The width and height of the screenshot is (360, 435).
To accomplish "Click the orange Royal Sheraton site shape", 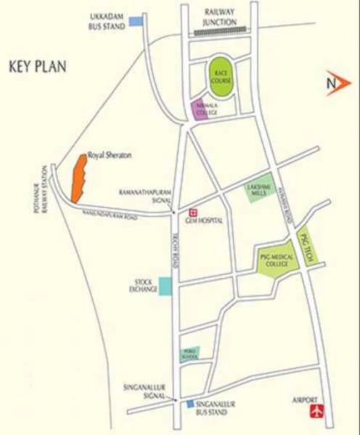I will point(78,179).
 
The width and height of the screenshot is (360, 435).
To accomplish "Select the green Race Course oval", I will point(221,76).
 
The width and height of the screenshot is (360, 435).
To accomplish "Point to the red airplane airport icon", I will point(315,412).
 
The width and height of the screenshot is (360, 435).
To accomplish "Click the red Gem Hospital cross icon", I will point(192,212).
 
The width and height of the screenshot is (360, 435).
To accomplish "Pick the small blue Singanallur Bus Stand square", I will point(190,404).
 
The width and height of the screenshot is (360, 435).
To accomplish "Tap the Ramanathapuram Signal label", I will point(144,196).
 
